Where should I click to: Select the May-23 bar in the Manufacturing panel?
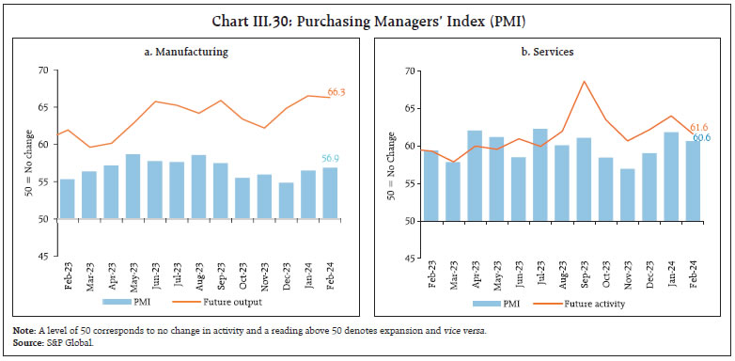133,187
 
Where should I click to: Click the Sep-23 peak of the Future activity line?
584,81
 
